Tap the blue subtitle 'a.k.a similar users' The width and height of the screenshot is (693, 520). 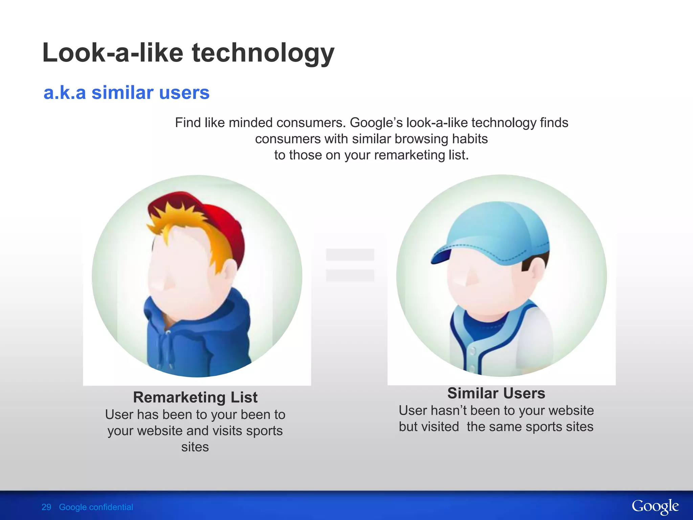[x=127, y=92]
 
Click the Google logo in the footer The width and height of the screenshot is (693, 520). [x=655, y=507]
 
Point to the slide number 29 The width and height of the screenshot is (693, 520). [x=46, y=507]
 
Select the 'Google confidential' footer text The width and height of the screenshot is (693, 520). [x=96, y=507]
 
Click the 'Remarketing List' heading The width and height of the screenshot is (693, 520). [x=195, y=397]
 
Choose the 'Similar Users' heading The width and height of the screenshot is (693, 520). [x=496, y=393]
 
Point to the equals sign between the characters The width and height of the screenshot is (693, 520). [x=350, y=265]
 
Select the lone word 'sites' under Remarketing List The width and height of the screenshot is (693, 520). [x=195, y=447]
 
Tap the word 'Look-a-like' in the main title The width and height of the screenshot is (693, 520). [x=113, y=53]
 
